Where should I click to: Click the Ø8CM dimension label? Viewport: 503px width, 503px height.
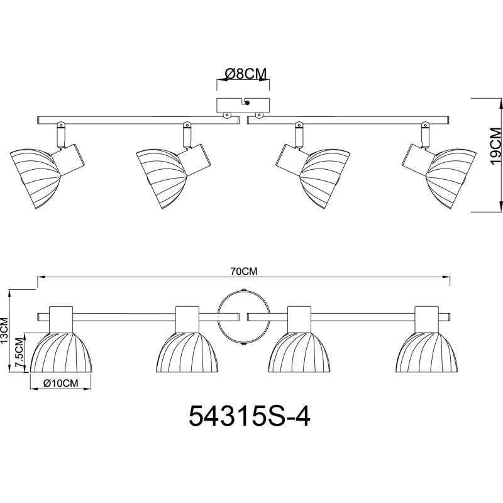(246, 74)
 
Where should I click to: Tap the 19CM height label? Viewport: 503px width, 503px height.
(495, 146)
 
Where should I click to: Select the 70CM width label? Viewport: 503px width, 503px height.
(244, 272)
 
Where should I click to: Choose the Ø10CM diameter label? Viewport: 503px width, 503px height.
(61, 383)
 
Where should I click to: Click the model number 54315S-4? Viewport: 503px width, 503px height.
(249, 416)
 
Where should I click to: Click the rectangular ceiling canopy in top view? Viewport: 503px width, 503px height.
(243, 105)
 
